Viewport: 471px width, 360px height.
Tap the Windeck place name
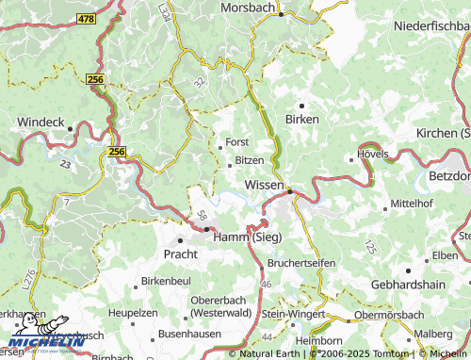click(x=40, y=123)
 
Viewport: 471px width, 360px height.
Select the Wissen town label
click(x=265, y=185)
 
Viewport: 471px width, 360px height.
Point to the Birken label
click(x=302, y=120)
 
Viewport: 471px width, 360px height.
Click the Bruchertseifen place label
click(x=300, y=263)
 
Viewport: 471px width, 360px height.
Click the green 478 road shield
click(x=87, y=19)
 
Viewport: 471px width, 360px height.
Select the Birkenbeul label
click(x=166, y=282)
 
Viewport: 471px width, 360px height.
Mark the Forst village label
click(x=236, y=142)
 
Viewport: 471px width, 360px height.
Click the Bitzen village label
click(x=249, y=161)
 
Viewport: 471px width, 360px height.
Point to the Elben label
click(x=445, y=255)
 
